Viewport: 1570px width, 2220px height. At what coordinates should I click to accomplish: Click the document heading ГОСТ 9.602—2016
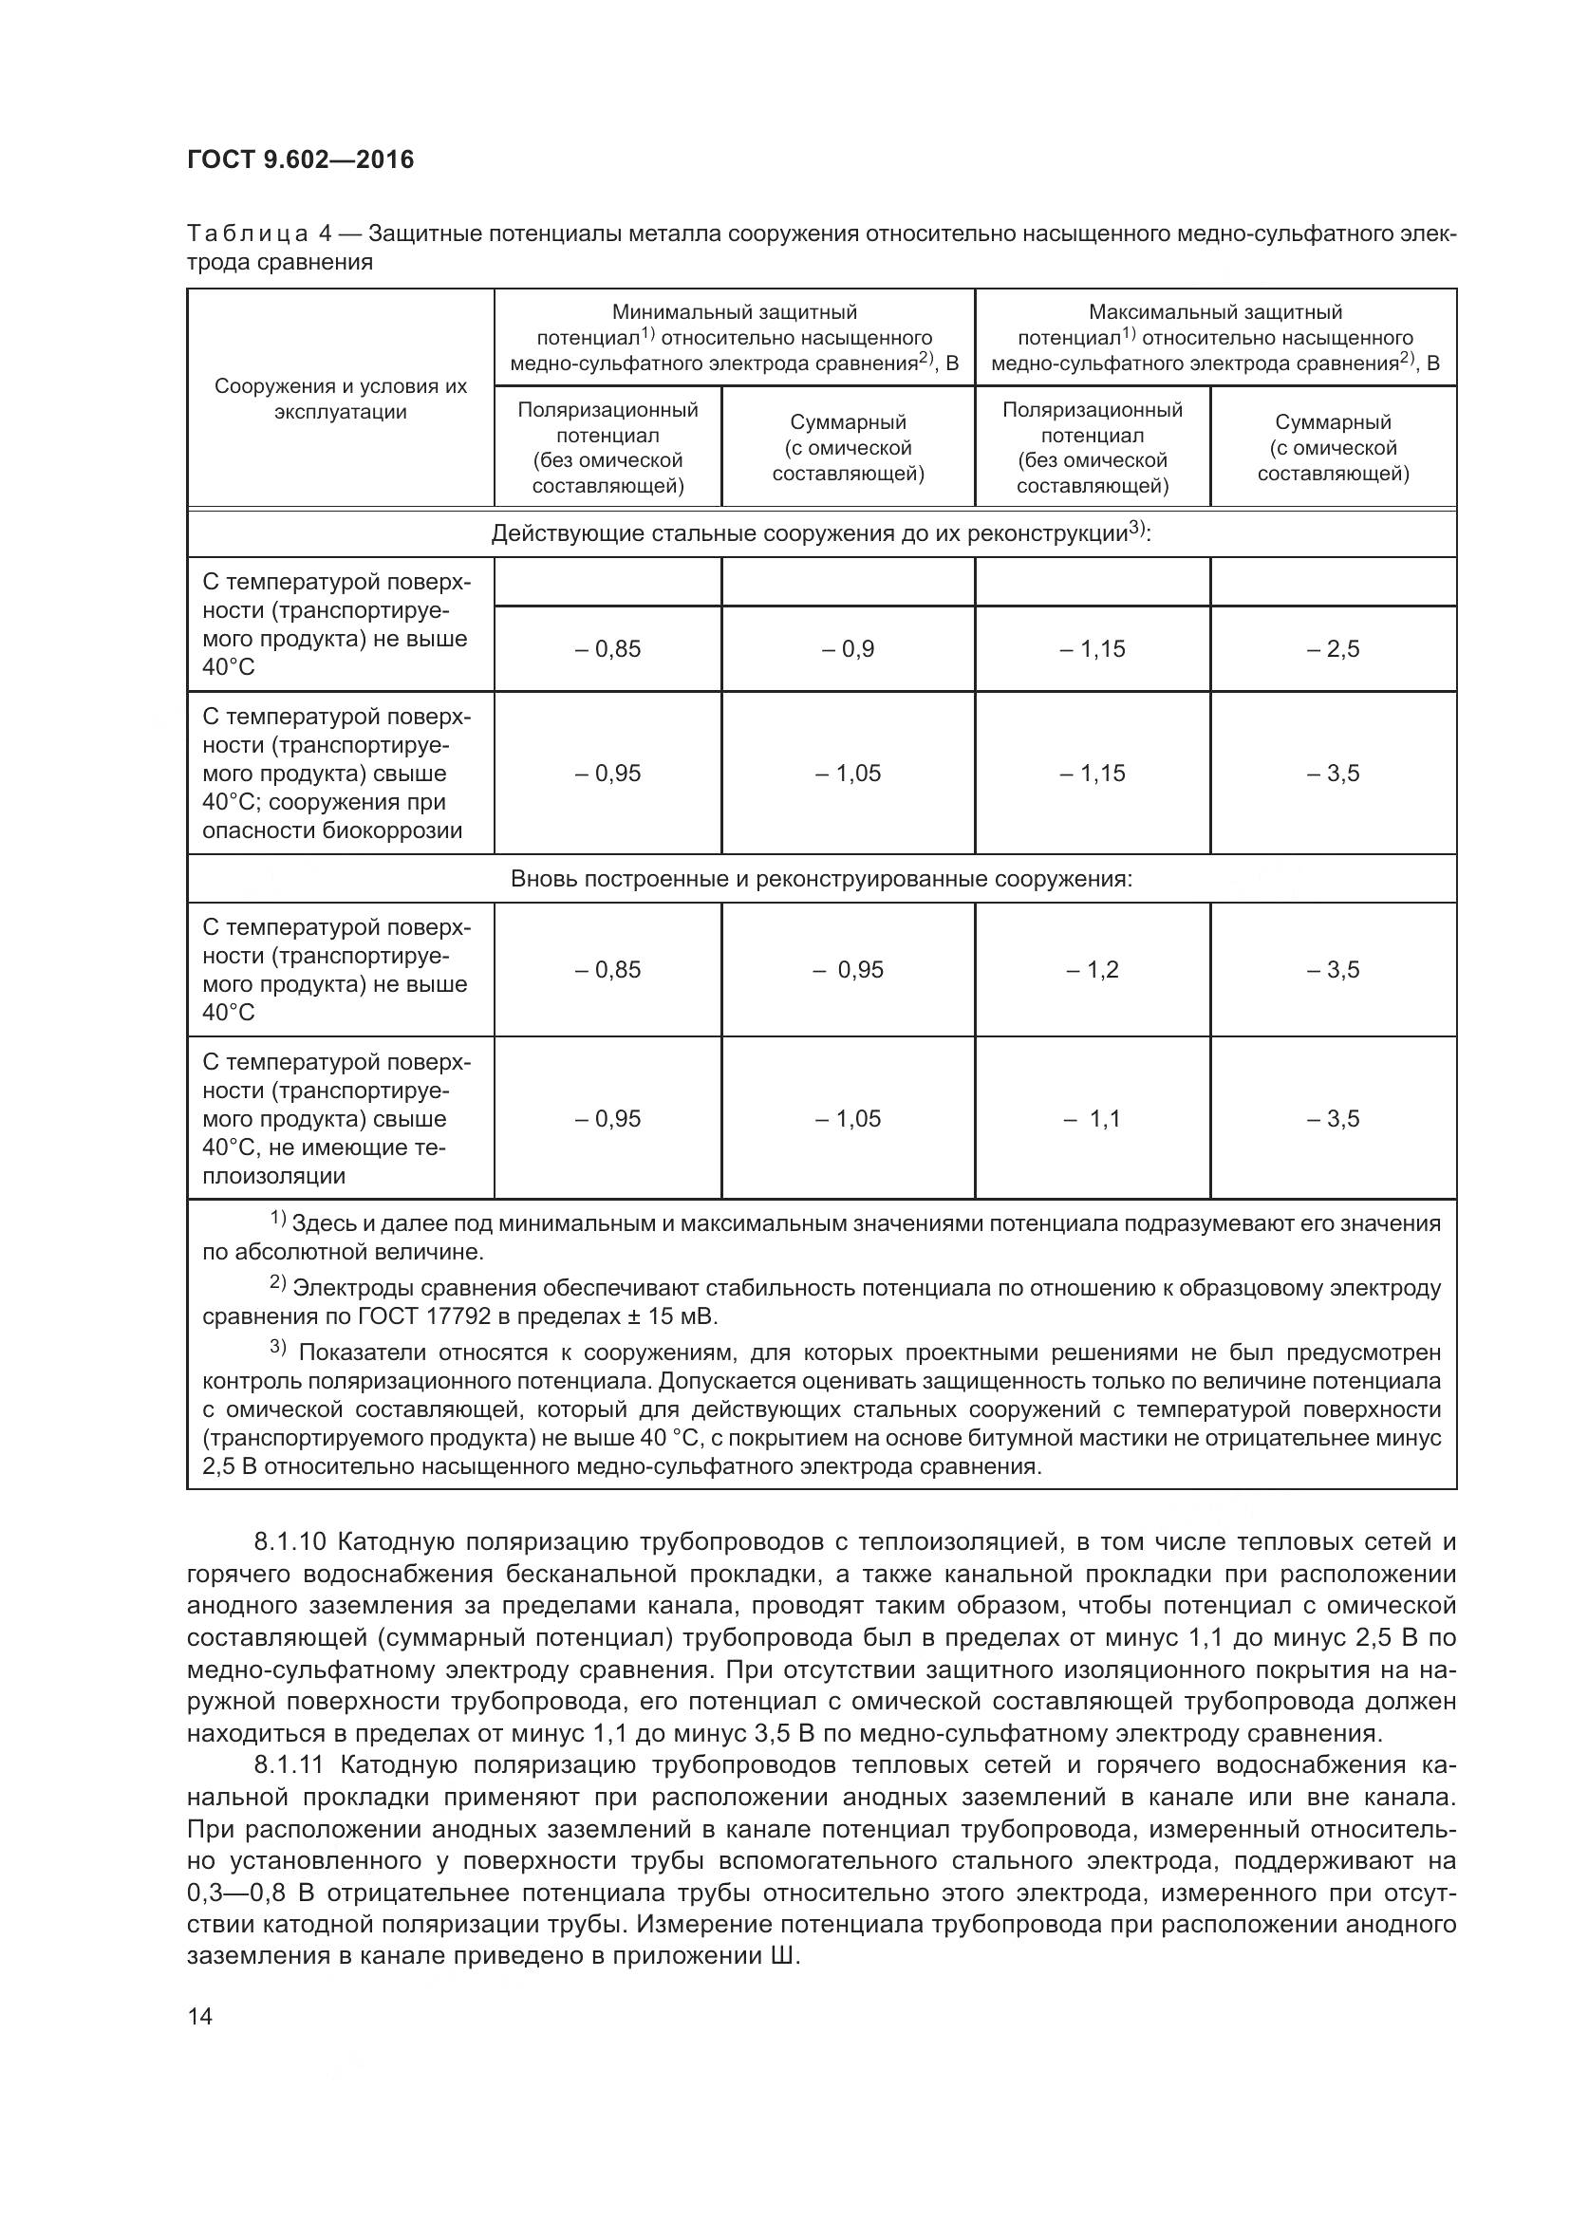coord(300,159)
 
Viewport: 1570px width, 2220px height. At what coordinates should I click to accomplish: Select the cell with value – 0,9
coord(848,649)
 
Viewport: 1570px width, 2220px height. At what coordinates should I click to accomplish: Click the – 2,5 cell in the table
coord(1332,649)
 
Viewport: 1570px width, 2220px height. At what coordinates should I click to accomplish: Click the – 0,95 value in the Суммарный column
coord(848,970)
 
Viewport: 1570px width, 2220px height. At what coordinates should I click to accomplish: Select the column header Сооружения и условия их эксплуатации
coord(341,399)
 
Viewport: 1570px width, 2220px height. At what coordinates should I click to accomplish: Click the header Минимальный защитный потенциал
coord(734,338)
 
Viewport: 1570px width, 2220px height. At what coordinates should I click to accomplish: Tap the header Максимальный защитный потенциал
coord(1215,338)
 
